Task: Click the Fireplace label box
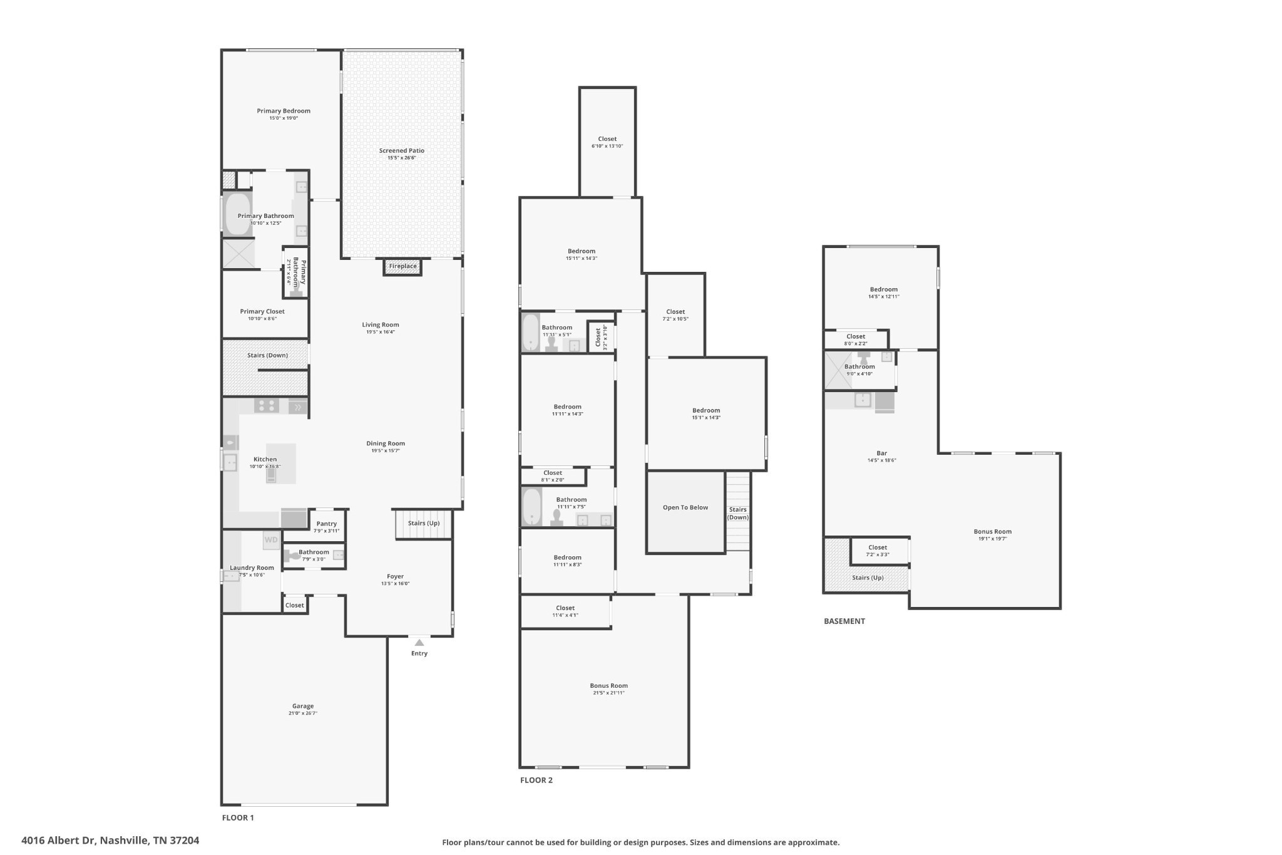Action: (x=403, y=267)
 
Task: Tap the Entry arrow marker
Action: (x=419, y=642)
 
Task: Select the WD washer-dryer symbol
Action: (x=271, y=540)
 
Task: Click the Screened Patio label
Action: (x=401, y=151)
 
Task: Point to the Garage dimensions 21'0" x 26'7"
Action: (x=303, y=713)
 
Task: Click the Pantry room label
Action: (x=326, y=524)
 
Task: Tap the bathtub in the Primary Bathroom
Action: (x=237, y=215)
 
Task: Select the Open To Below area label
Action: (x=685, y=507)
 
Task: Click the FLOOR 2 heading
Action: (x=536, y=780)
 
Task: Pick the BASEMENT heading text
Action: (x=844, y=621)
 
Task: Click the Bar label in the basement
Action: (x=881, y=453)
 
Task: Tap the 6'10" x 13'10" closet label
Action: (x=607, y=146)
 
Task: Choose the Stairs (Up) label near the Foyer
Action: (x=424, y=523)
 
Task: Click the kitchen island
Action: (x=282, y=464)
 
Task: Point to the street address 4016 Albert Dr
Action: (x=110, y=841)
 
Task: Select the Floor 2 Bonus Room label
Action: (x=608, y=686)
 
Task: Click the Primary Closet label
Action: (x=262, y=311)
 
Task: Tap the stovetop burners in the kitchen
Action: (x=267, y=406)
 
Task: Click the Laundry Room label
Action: (x=252, y=567)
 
